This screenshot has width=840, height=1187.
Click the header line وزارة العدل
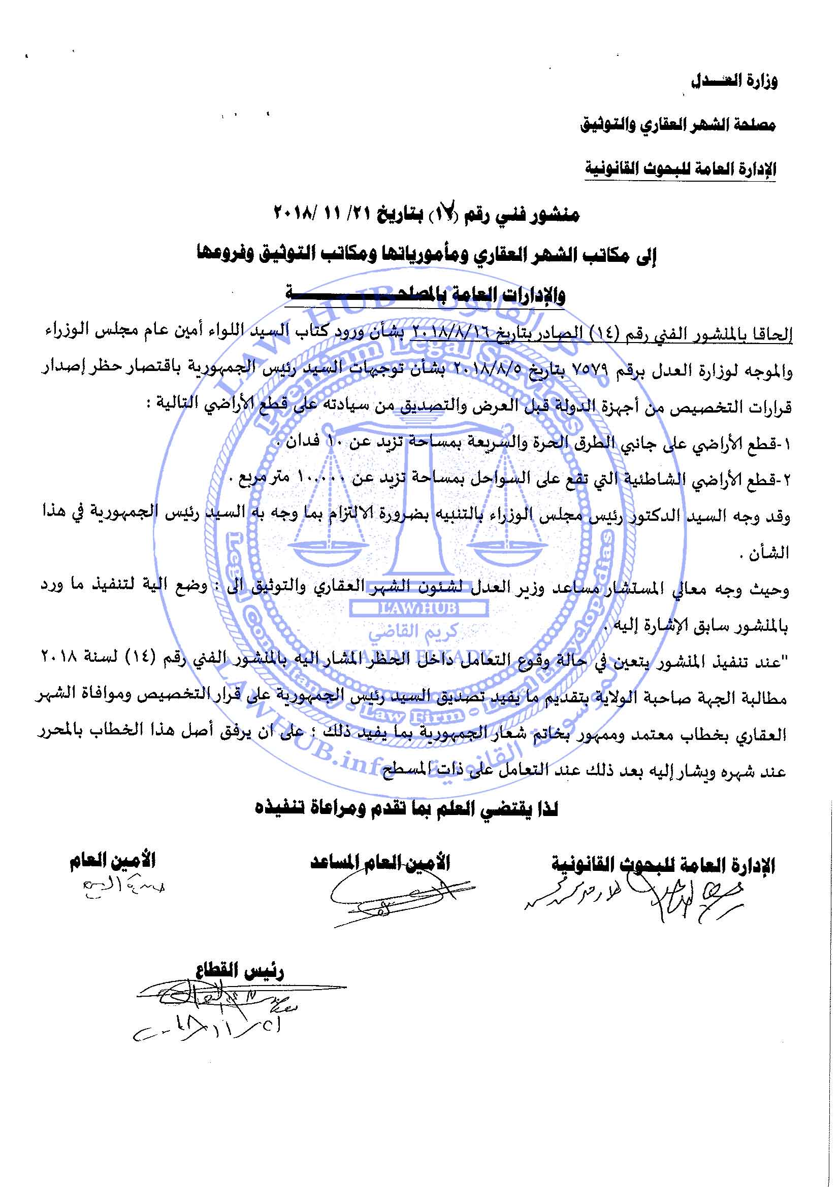734,81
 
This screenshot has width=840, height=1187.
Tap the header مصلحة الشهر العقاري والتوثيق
677,125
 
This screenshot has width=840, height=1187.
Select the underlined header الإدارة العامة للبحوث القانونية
680,169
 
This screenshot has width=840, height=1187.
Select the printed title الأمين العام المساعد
380,862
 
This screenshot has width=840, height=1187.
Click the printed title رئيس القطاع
240,971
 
